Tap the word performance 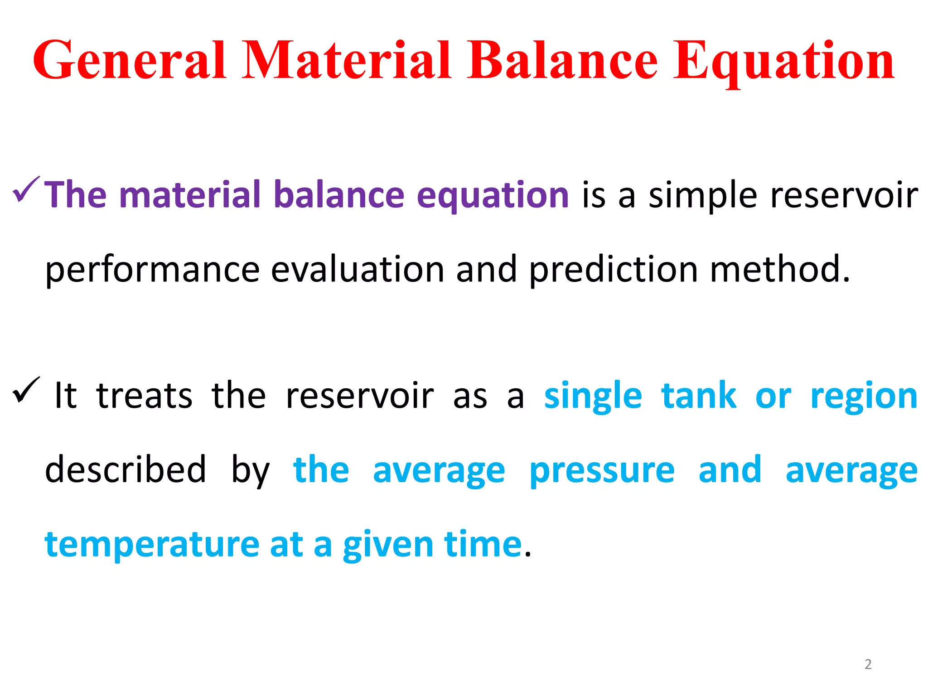152,270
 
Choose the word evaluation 358,269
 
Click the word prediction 614,269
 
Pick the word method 779,269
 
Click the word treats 144,396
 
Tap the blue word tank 699,396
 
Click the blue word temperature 152,545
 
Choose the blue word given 388,545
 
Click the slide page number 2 868,664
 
